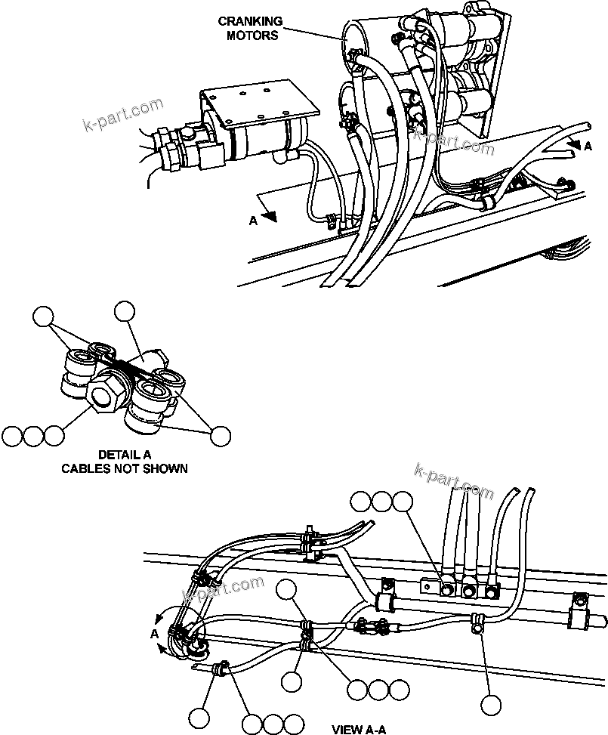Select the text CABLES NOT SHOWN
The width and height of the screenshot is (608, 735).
[124, 468]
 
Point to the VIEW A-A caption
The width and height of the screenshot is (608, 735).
[359, 728]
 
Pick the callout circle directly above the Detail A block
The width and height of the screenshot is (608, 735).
[123, 310]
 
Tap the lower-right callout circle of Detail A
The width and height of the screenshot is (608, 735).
[220, 435]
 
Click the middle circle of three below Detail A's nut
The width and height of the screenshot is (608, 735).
[32, 436]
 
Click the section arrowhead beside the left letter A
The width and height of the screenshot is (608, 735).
[271, 216]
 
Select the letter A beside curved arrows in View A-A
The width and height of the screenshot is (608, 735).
[154, 633]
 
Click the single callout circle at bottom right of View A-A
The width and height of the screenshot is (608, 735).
[492, 705]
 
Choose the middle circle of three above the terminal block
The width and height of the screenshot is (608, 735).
[382, 501]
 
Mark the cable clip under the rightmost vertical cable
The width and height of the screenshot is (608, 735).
[477, 622]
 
